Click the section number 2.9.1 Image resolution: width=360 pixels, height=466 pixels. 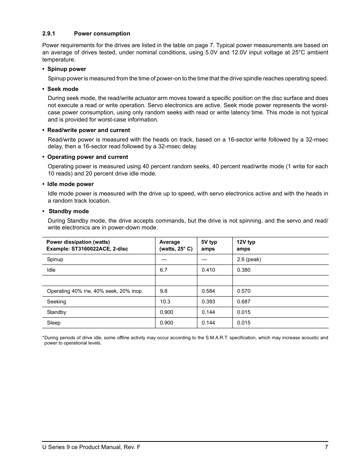point(49,34)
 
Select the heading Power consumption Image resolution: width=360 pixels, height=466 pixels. point(102,34)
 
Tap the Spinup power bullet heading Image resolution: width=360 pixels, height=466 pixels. point(66,69)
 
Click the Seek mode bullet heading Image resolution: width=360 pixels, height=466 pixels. point(63,89)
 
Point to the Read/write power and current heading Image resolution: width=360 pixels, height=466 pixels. point(88,130)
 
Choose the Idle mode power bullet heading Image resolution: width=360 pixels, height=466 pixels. point(70,184)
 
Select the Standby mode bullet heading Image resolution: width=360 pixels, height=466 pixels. point(68,211)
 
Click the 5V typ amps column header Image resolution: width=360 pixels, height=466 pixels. point(209,245)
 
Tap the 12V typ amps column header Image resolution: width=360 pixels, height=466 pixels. point(246,245)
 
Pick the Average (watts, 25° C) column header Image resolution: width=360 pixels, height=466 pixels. point(175,245)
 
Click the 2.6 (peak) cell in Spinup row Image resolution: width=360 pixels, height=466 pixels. point(249,259)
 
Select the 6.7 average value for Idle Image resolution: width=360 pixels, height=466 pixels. point(163,270)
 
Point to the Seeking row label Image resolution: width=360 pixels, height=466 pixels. point(56,301)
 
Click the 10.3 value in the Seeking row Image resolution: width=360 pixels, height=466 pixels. point(165,301)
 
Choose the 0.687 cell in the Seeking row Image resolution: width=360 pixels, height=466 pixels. point(243,301)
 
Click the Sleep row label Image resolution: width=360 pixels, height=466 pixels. point(54,323)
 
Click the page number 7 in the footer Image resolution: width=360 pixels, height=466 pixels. point(326,447)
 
